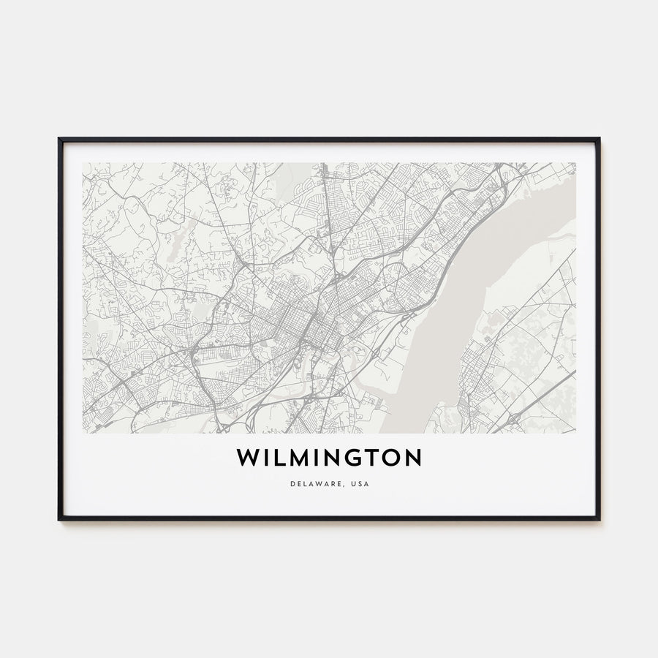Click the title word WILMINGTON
tap(328, 458)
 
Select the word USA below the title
tap(359, 484)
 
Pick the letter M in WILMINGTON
tap(296, 458)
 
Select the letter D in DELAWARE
tap(291, 484)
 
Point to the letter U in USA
tap(352, 484)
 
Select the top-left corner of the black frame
tap(59, 139)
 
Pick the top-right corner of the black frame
tap(599, 139)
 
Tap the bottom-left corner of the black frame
tap(59, 519)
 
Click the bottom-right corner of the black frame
tap(599, 519)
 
